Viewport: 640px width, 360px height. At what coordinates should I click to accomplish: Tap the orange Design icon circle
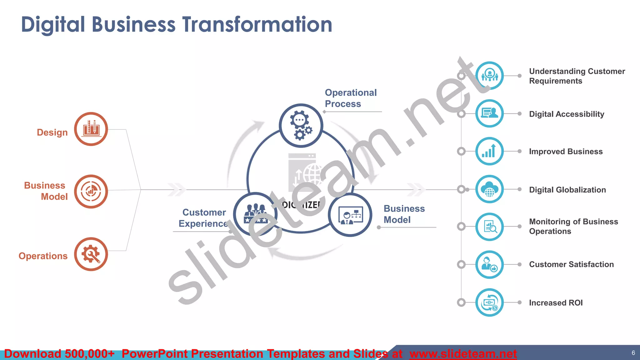[x=91, y=129]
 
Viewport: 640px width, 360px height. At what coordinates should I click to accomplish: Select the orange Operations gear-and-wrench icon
[x=91, y=254]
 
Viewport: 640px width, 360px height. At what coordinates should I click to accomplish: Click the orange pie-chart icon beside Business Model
[x=91, y=191]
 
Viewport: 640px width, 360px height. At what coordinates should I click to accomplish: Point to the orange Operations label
[x=43, y=256]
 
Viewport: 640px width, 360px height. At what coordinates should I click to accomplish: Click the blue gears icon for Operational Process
[x=301, y=126]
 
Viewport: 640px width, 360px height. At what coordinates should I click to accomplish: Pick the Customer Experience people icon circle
[x=255, y=214]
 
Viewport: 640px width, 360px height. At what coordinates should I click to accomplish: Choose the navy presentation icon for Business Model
[x=350, y=215]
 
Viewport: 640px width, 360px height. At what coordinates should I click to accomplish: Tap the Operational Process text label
[x=350, y=98]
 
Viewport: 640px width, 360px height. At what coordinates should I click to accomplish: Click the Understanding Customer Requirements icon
[x=489, y=76]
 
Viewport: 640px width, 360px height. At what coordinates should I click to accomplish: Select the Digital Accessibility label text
[x=566, y=114]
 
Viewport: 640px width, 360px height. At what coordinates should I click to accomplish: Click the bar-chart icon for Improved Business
[x=489, y=151]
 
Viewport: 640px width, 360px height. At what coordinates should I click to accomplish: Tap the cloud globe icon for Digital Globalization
[x=489, y=189]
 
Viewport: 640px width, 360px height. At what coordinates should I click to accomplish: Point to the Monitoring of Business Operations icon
[x=489, y=227]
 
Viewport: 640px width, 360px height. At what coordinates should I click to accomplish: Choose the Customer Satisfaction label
[x=571, y=264]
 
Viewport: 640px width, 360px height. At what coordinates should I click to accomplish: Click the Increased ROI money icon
[x=489, y=302]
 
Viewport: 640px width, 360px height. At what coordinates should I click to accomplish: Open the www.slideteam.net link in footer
[x=463, y=354]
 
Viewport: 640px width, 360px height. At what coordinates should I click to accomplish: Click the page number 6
[x=633, y=353]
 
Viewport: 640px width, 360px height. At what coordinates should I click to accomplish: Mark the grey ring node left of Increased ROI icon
[x=461, y=302]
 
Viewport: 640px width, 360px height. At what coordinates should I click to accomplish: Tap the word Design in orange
[x=52, y=132]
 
